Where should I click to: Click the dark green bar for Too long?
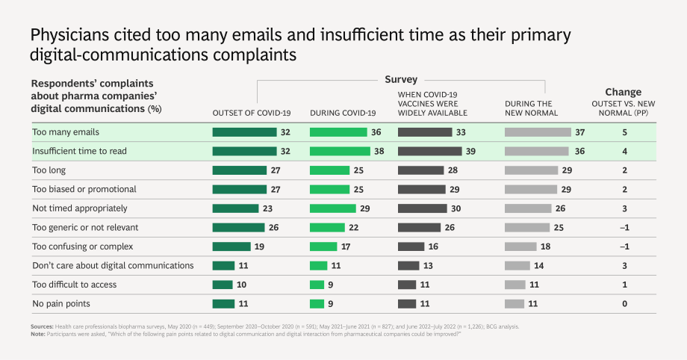(x=239, y=170)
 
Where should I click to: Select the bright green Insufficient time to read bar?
(x=340, y=152)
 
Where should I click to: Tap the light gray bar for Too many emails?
(x=538, y=132)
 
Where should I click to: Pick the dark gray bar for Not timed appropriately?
(x=423, y=208)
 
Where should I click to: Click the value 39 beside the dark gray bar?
(x=470, y=152)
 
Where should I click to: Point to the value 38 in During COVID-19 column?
(x=379, y=152)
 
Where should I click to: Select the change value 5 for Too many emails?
(x=624, y=132)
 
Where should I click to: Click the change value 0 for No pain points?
(x=624, y=303)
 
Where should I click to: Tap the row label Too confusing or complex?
(x=82, y=246)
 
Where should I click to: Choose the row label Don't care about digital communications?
(x=113, y=265)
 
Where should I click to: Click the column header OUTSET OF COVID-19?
(x=252, y=113)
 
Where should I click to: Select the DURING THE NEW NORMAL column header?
(x=531, y=108)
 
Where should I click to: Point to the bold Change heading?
(x=623, y=92)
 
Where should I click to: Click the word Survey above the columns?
(x=401, y=79)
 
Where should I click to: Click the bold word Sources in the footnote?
(x=42, y=326)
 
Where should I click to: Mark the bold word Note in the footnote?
(x=37, y=334)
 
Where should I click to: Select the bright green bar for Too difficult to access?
(x=317, y=285)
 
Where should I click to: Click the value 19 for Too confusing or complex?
(x=259, y=246)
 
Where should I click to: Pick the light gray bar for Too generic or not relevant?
(x=527, y=228)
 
